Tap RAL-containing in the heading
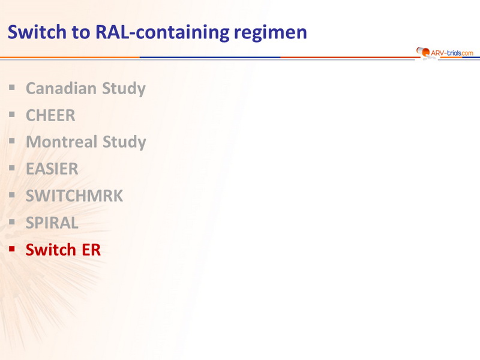162,32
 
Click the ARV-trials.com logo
445,53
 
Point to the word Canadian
61,88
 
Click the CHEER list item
50,115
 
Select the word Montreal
62,142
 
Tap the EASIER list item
52,169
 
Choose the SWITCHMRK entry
74,196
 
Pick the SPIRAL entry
52,223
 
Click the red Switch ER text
63,250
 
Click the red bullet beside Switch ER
12,248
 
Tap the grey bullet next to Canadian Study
12,88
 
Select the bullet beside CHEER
12,115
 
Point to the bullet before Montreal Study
12,141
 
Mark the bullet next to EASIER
12,168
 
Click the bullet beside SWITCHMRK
12,194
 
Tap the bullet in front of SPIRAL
12,221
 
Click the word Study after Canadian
124,89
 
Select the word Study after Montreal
124,142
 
